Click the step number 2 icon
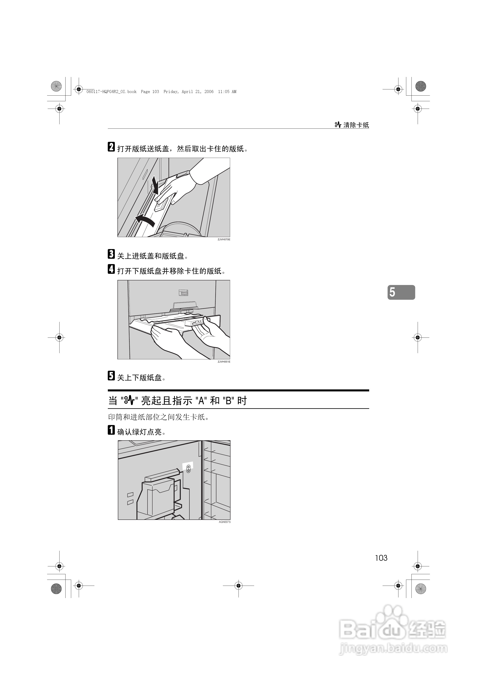click(111, 147)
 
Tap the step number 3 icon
click(111, 254)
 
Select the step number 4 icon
click(111, 269)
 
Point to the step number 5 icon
click(111, 376)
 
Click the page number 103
click(381, 558)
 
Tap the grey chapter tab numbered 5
click(401, 292)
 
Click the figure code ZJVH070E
click(224, 240)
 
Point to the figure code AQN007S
click(225, 522)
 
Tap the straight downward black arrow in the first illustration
click(155, 185)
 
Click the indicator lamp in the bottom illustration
click(188, 469)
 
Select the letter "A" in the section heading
click(201, 401)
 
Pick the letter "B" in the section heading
click(228, 401)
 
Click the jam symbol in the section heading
click(129, 400)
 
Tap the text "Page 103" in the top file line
click(150, 92)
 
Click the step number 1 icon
click(111, 430)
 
